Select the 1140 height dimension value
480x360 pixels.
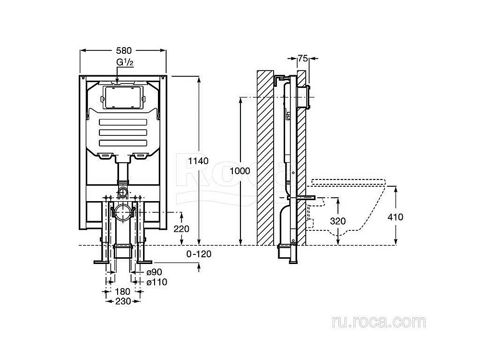198,161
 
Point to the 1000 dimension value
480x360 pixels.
240,170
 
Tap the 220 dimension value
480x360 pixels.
181,229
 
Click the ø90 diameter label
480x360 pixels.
154,272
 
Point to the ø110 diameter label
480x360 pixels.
156,282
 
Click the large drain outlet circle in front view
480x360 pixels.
123,212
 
